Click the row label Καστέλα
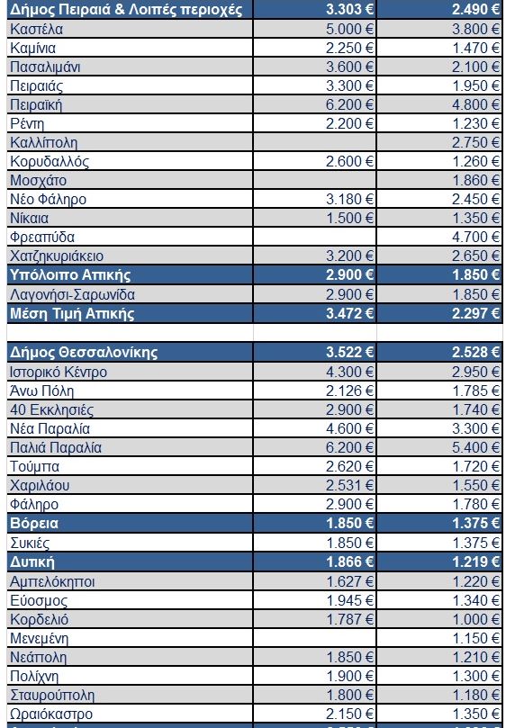[x=36, y=30]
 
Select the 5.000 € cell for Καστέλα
[x=349, y=30]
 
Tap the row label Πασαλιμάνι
[x=45, y=67]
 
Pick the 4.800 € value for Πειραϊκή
[x=475, y=105]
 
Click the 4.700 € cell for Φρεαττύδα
[x=475, y=238]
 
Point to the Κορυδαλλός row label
[x=50, y=162]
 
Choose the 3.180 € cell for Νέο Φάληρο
[x=349, y=200]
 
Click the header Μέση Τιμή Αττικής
[x=72, y=314]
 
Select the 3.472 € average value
[x=349, y=314]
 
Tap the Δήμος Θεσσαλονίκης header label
[x=84, y=353]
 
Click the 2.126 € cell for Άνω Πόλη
[x=349, y=391]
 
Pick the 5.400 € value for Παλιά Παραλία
[x=475, y=448]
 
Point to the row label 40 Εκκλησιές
[x=51, y=410]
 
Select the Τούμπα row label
[x=34, y=467]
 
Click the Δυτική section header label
[x=32, y=562]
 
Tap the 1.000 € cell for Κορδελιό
[x=475, y=620]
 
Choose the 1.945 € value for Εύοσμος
[x=349, y=601]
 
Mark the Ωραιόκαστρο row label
[x=51, y=715]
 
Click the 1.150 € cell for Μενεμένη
[x=475, y=639]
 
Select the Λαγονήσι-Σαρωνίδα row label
[x=72, y=295]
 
